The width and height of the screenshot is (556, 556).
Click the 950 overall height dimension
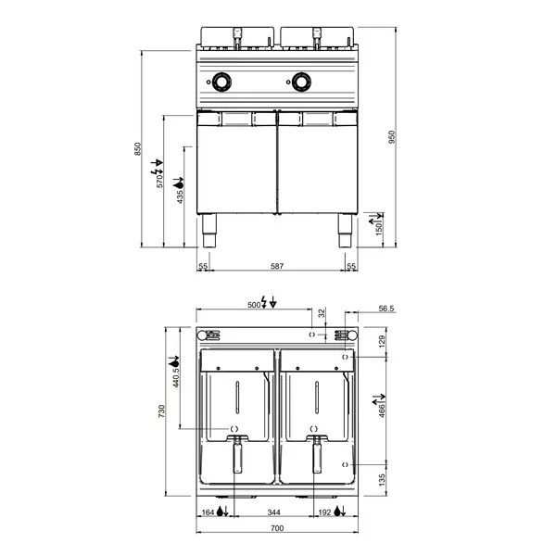391,137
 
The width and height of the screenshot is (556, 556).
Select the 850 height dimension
137,149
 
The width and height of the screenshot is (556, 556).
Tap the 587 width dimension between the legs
277,266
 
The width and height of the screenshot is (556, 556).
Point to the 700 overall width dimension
277,528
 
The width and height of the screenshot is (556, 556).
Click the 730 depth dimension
161,411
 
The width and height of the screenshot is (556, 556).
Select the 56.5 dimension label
386,309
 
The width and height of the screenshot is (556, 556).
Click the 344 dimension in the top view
273,512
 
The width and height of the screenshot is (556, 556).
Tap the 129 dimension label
382,341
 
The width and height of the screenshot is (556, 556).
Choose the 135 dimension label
382,480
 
